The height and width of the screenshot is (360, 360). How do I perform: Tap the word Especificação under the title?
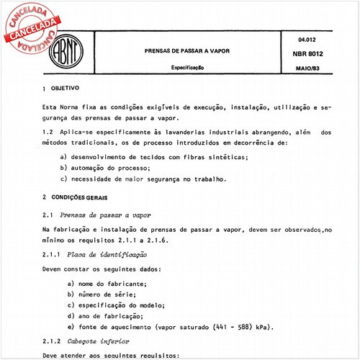click(186, 66)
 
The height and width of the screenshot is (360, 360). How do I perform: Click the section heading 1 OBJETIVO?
click(66, 86)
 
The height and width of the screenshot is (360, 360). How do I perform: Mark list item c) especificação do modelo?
click(122, 305)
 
